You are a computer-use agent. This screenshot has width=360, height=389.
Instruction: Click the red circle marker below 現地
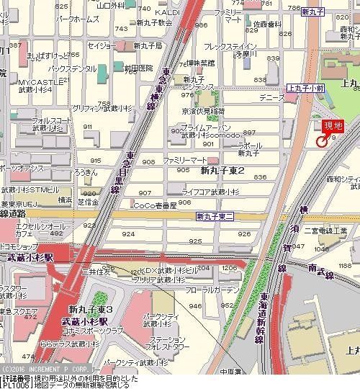point(321,140)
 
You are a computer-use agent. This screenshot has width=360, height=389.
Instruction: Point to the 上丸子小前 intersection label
point(307,88)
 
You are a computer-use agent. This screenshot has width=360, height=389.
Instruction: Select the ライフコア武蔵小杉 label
point(210,192)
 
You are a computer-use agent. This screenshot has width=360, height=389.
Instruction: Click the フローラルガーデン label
point(211,289)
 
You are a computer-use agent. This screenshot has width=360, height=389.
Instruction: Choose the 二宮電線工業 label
point(325,231)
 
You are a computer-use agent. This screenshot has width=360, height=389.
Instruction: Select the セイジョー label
point(102,45)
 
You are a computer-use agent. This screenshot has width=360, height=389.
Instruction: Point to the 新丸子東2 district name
point(222,171)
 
